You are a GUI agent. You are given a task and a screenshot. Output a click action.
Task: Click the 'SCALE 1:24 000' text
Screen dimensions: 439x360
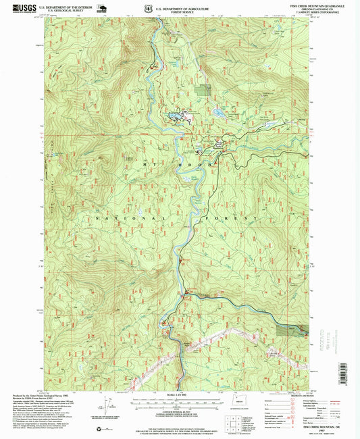179,394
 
